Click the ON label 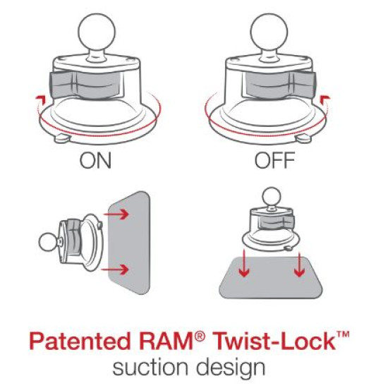[95, 162]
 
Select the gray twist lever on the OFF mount [308, 85]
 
